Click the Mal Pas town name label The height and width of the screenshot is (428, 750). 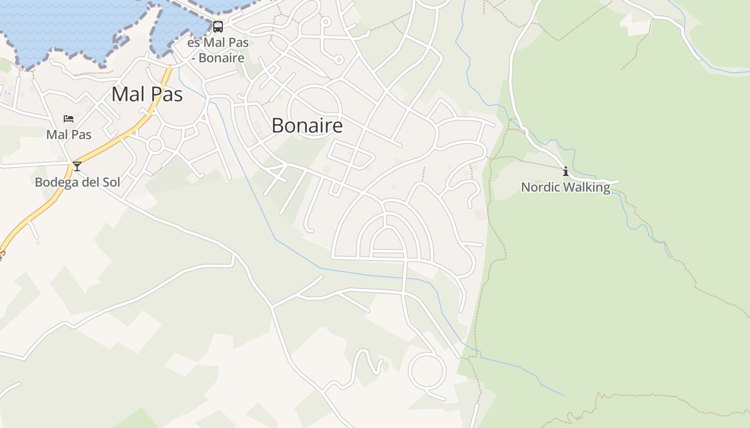point(147,95)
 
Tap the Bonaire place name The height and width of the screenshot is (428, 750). point(307,126)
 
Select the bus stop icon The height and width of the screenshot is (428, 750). point(218,27)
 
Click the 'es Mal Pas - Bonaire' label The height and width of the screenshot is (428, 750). point(218,50)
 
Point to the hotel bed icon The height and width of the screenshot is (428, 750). point(69,119)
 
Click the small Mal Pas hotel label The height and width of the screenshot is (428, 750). point(69,134)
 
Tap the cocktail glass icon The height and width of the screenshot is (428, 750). point(77,166)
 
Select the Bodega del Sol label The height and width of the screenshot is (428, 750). point(77,182)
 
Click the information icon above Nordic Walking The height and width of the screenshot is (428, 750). point(566,172)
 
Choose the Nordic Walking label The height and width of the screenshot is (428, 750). point(566,187)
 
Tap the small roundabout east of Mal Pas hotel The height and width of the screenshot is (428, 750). point(155,144)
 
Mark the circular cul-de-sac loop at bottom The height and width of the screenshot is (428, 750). point(427,370)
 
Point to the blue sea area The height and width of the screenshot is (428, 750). point(64,27)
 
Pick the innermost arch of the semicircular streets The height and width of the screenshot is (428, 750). point(387,228)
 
